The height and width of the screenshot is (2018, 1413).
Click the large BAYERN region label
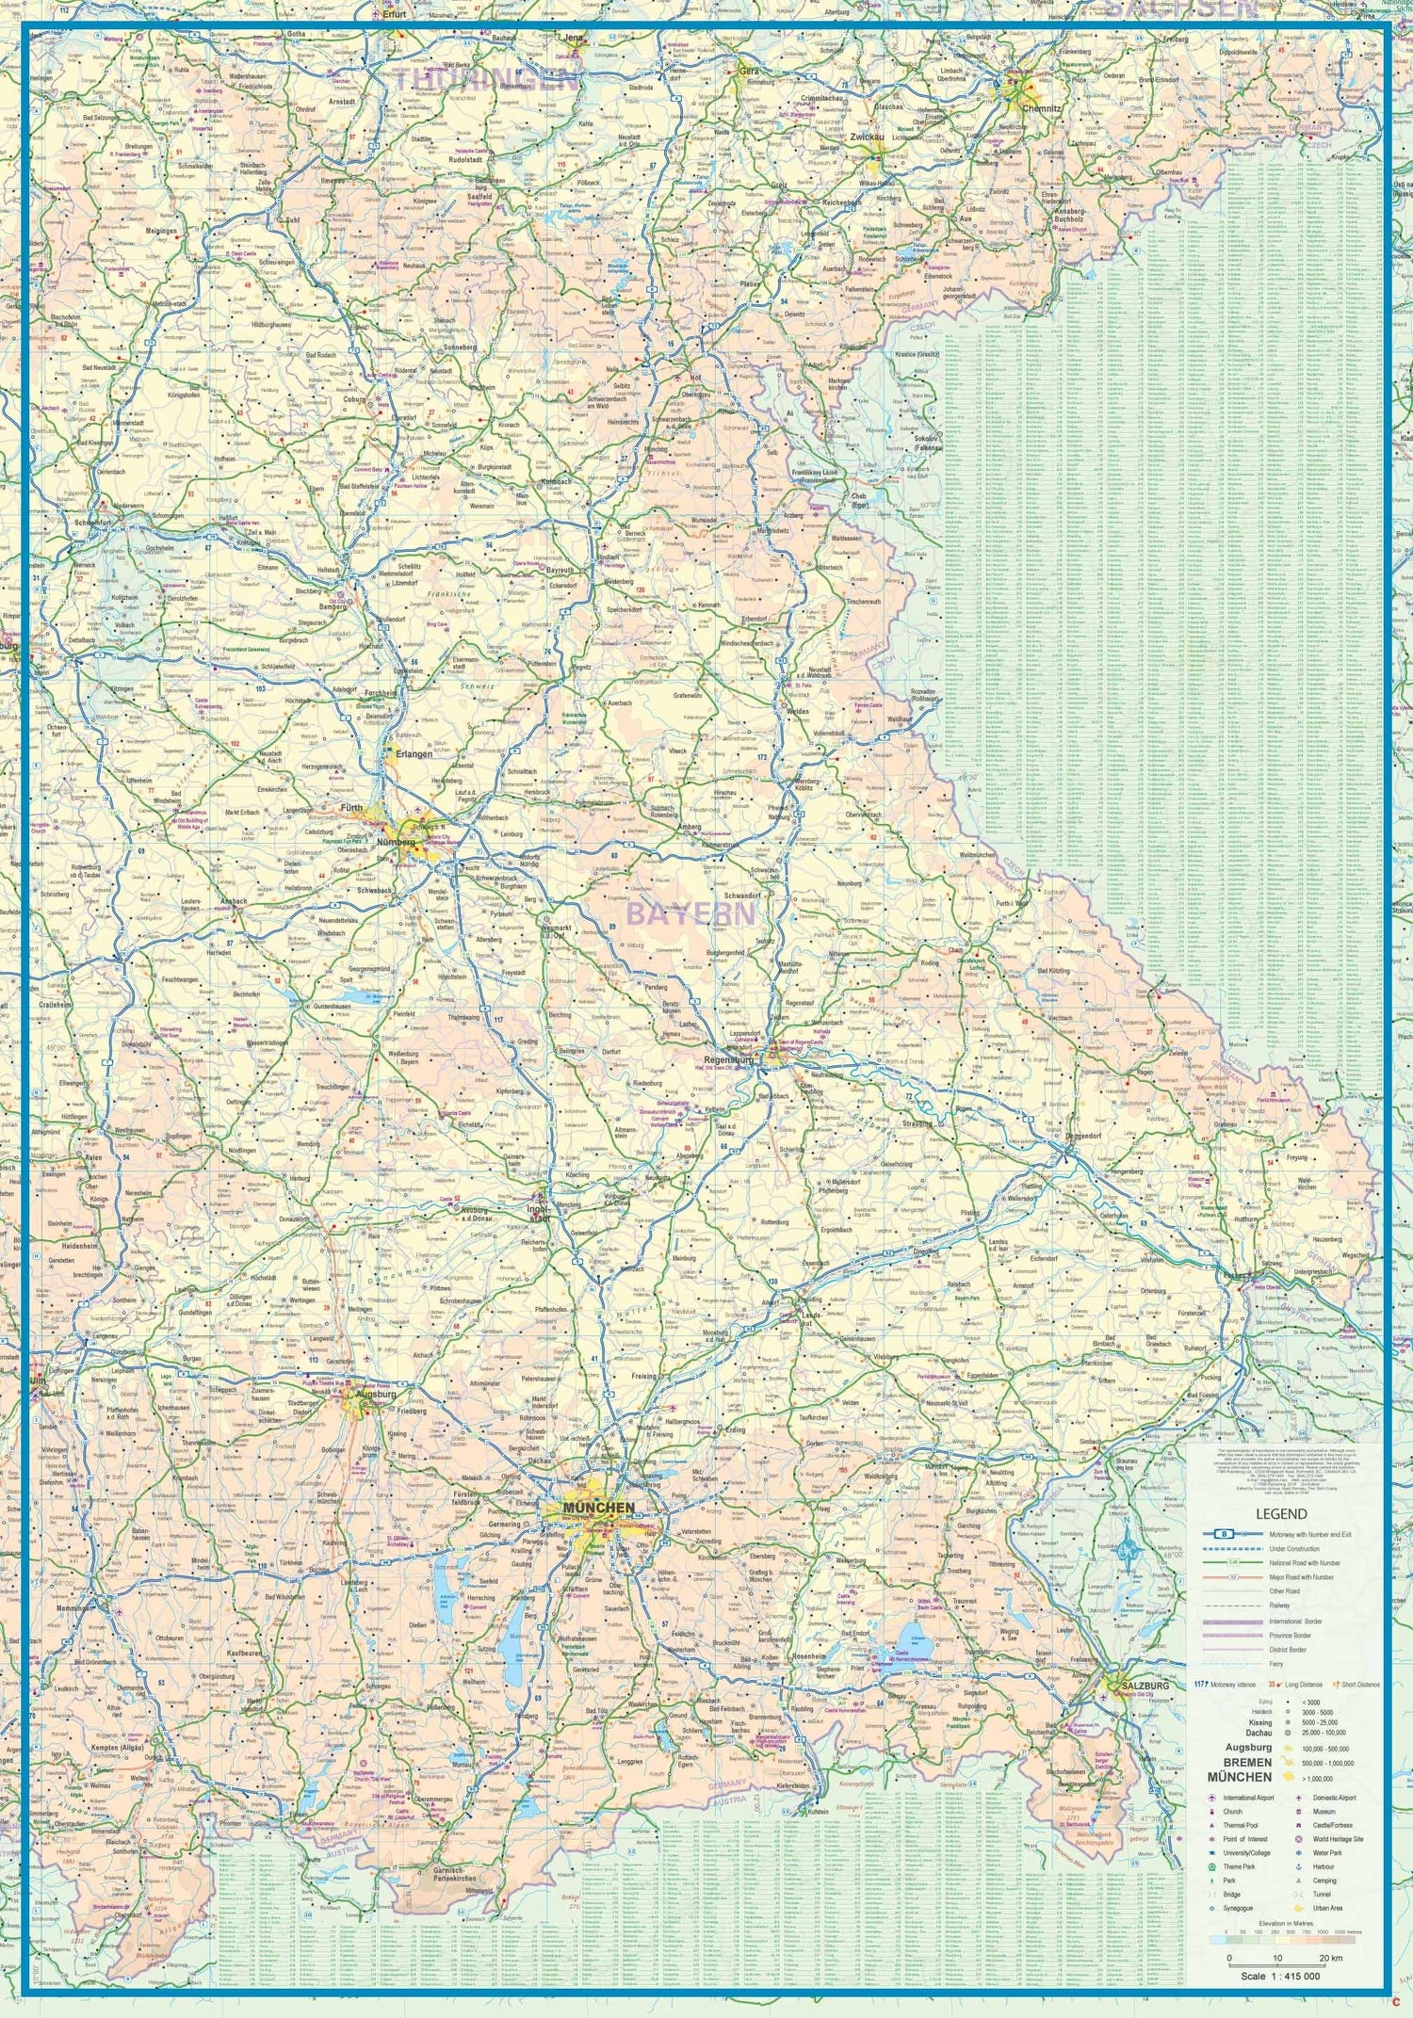[x=690, y=913]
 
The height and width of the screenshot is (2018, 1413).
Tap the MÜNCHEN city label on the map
[x=599, y=1508]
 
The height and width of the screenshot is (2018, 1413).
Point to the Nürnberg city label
[x=396, y=842]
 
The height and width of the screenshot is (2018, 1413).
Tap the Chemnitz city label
[x=1042, y=108]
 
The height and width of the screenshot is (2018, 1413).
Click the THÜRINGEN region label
[x=485, y=79]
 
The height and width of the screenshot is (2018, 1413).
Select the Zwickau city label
[x=867, y=137]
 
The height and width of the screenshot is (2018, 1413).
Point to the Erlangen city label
[x=414, y=754]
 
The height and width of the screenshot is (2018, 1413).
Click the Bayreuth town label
[x=560, y=571]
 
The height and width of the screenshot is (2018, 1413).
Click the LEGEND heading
[x=1281, y=1514]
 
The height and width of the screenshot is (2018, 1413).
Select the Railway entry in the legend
[x=1279, y=1606]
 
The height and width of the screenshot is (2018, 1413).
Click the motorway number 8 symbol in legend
[x=1224, y=1534]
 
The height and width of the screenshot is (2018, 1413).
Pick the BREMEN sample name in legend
[x=1247, y=1762]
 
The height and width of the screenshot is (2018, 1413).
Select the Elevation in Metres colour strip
[x=1286, y=1939]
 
